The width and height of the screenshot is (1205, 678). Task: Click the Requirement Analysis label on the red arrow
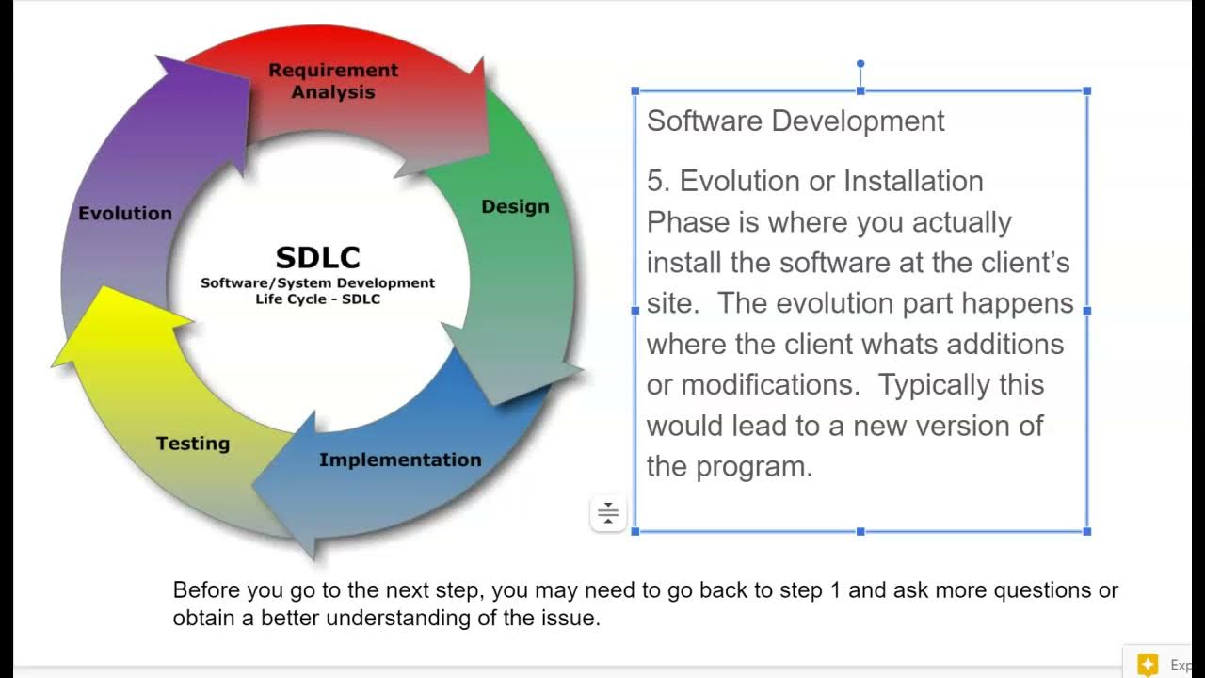pos(333,81)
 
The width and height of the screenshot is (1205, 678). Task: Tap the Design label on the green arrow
pos(515,206)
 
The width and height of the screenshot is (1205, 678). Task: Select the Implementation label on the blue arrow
pos(400,460)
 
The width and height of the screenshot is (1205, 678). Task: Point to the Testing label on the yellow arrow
pos(193,444)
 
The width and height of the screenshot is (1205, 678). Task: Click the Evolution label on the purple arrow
pos(125,213)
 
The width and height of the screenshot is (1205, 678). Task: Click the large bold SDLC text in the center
pos(317,257)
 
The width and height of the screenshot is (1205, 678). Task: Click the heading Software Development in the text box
pos(795,121)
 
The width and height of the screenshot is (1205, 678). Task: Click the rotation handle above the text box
pos(860,64)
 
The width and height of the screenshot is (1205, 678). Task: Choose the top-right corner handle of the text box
pos(1087,91)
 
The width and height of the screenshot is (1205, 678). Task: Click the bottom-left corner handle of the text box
pos(635,531)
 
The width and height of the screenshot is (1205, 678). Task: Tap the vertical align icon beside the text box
pos(608,513)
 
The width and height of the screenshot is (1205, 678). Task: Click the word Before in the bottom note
pos(207,590)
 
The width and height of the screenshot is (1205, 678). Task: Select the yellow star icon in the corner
pos(1148,664)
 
